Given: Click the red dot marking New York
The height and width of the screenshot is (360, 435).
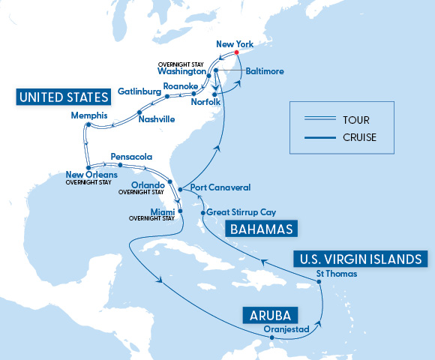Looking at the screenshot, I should (236, 53).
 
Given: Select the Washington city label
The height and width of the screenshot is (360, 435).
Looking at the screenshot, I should (181, 72).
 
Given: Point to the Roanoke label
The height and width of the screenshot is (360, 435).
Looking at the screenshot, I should (180, 87).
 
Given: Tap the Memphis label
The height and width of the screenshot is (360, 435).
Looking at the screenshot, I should (89, 115).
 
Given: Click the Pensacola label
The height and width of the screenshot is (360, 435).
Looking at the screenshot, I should (131, 157).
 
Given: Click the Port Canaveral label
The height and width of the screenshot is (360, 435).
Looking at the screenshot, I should (220, 187).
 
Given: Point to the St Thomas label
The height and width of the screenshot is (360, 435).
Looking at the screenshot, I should (332, 274).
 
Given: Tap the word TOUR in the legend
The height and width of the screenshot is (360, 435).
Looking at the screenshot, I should (353, 120).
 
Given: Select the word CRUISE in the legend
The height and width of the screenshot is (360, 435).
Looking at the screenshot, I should (358, 137).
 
